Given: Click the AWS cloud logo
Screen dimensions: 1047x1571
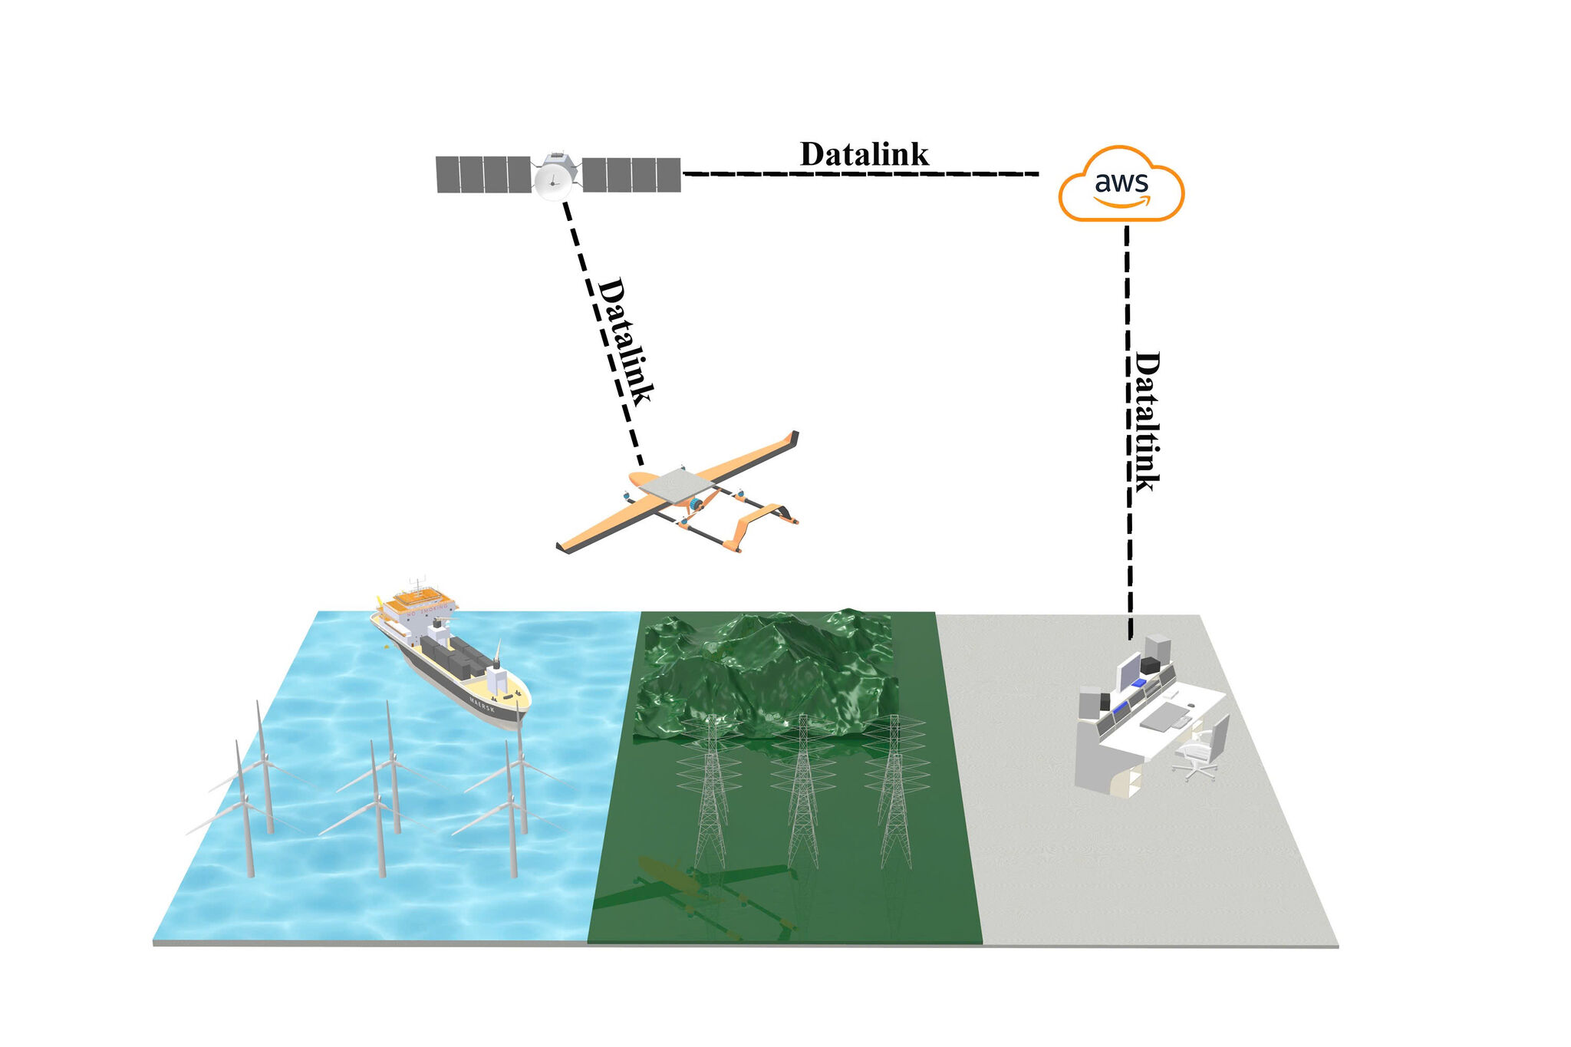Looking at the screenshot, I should coord(1121,185).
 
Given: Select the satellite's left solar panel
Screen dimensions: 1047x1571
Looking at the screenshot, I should coord(482,174).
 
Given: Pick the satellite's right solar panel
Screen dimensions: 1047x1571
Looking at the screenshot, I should coord(631,174).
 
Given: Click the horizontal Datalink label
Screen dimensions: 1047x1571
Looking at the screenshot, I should coord(864,154).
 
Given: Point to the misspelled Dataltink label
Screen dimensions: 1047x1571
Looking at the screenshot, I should coord(1147,421).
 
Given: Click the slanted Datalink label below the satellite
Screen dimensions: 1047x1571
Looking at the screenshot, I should coord(625,341).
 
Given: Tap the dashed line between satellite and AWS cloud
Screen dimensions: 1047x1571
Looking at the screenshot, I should coord(859,174).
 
